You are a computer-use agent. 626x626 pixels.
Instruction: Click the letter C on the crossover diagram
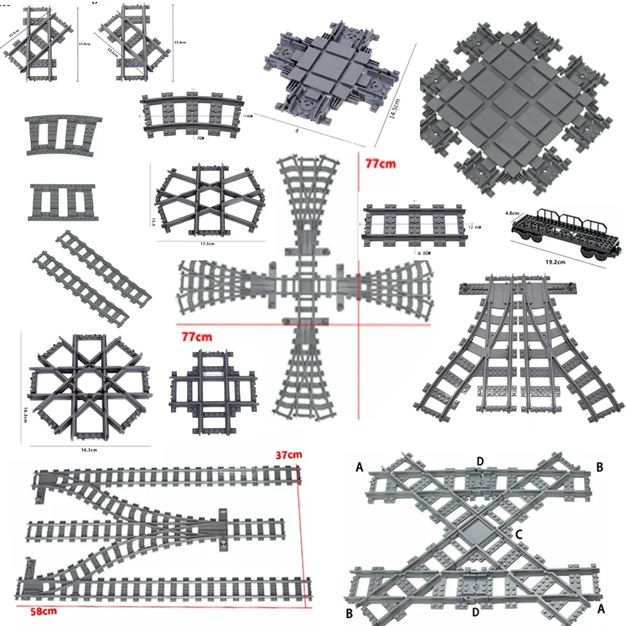click(518, 534)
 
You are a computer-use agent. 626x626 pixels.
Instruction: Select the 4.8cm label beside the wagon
click(511, 213)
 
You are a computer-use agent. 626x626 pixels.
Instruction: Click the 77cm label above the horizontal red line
click(197, 337)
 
